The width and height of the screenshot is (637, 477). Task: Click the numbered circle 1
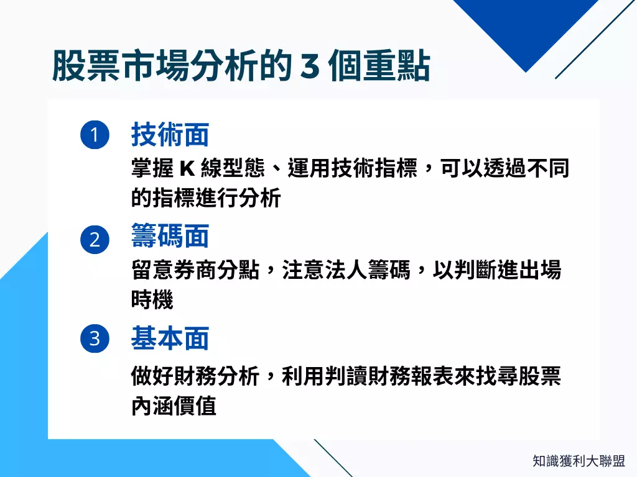coord(95,135)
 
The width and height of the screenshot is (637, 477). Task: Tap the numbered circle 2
coord(95,240)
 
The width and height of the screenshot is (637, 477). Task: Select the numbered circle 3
coord(95,339)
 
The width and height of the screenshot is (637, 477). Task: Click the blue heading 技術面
coord(170,134)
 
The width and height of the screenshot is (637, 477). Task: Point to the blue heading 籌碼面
coord(170,237)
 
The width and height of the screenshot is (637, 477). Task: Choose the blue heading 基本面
coord(170,339)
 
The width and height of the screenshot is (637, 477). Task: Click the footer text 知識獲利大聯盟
coord(579,461)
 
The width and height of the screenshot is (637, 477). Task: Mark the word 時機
coord(152,301)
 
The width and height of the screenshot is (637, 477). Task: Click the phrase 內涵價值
coord(174,406)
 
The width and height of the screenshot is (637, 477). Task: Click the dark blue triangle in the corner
coord(523,28)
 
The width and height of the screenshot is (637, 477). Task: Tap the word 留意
coord(152,271)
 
